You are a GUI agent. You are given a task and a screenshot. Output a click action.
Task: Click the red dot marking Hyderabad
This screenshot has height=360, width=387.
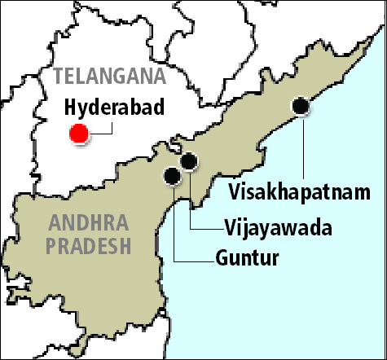point(79,134)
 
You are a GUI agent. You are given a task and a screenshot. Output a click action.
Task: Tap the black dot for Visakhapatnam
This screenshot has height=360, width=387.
point(301,105)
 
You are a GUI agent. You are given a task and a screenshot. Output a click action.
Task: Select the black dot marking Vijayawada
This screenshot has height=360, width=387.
point(189,161)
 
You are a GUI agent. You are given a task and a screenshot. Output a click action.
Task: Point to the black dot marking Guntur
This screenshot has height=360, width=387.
point(172,175)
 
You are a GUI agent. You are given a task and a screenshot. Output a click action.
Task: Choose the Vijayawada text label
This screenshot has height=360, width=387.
point(277,227)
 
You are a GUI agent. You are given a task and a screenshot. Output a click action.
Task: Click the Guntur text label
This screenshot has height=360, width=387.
point(248,260)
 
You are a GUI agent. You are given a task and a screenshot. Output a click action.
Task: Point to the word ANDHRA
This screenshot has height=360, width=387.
point(86,221)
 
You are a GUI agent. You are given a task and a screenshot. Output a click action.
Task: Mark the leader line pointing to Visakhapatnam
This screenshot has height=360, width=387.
point(302,147)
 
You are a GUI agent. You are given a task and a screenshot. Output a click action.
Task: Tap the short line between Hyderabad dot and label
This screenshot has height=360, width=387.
point(100,131)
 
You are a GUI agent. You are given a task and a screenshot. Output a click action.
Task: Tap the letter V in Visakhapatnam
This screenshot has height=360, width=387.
point(235,193)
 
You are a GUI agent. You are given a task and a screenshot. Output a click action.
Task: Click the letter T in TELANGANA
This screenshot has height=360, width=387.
point(58,77)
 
